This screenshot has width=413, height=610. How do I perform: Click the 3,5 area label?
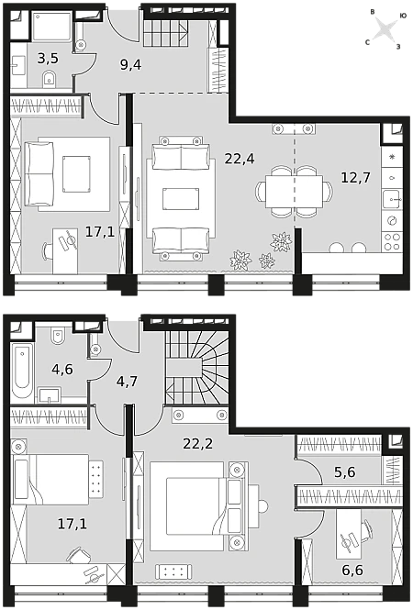pos(48,59)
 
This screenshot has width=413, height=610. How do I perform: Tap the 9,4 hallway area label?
pos(131,64)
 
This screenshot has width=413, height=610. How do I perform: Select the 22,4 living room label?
pos(240,159)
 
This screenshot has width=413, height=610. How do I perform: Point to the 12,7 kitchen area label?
pos(356,177)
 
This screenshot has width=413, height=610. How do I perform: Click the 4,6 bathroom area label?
pos(62,369)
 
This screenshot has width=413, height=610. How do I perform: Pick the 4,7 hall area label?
pos(127,381)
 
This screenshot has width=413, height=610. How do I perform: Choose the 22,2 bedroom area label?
pos(197,443)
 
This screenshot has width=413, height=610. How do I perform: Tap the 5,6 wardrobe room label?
pos(345,471)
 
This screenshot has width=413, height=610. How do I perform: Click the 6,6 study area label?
pos(352,570)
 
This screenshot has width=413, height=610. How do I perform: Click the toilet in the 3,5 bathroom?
pos(49,79)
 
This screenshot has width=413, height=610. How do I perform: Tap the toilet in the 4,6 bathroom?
pos(58,335)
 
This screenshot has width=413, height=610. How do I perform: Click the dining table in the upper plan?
pos(294,191)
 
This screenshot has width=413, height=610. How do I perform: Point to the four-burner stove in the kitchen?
pos(392,241)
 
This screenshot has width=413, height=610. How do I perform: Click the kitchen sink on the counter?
pos(392,200)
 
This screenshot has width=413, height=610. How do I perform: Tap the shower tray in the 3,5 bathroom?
pos(52,27)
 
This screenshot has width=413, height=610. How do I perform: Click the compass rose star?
pos(385,29)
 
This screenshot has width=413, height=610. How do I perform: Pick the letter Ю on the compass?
pos(403,16)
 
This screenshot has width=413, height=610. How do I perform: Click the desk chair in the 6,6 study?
pos(367,531)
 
